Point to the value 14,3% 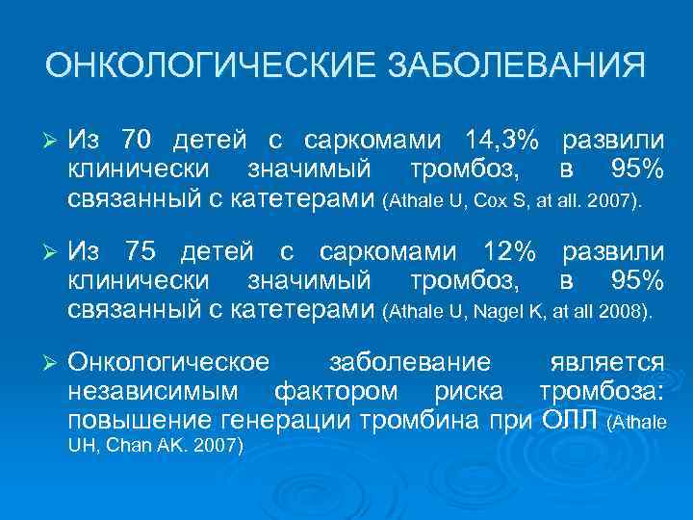501,141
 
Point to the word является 606,363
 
